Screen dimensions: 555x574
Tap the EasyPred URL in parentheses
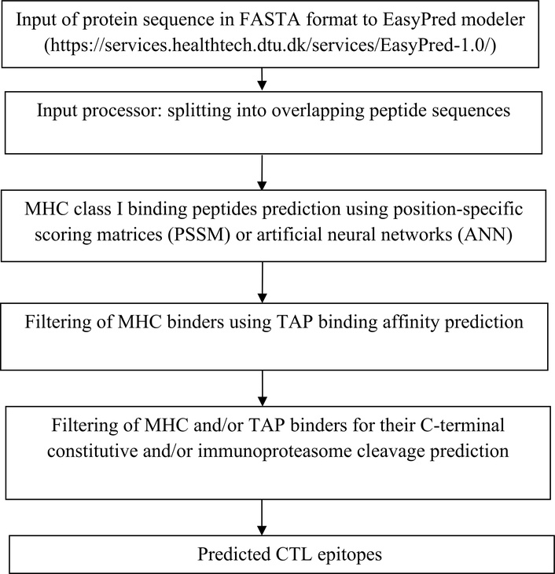point(270,46)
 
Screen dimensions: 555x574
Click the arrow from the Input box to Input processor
point(262,79)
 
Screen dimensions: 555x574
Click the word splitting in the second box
point(199,110)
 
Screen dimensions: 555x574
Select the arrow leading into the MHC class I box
point(262,172)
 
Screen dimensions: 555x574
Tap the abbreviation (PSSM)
point(199,234)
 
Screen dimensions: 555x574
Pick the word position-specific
point(458,209)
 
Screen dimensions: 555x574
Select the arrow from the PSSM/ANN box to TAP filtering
point(263,282)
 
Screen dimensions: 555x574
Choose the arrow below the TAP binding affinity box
point(263,388)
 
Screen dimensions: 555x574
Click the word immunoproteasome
point(275,451)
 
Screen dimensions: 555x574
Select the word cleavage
point(391,451)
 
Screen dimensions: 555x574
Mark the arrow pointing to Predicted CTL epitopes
point(262,517)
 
